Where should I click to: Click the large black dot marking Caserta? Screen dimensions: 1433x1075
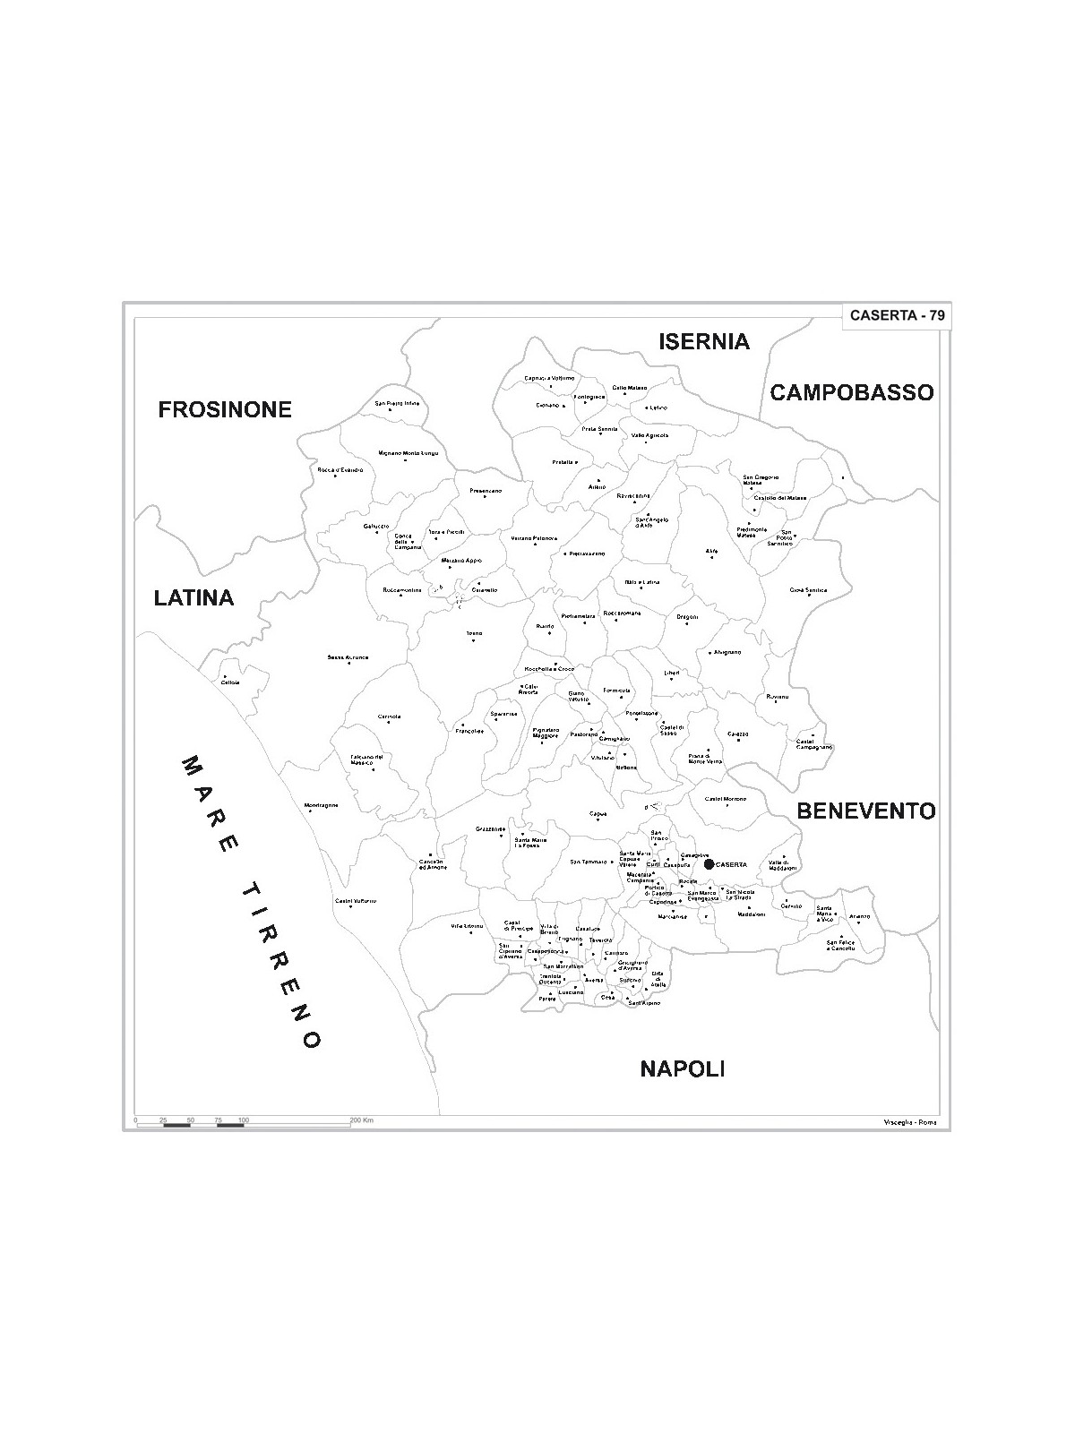point(709,864)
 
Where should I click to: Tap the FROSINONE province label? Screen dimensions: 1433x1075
point(225,409)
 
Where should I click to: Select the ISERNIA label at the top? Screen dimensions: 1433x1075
point(704,341)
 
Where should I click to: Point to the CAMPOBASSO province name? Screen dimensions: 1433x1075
point(852,392)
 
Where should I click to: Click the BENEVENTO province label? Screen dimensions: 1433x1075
point(866,811)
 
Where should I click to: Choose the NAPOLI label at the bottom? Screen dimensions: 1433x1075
point(682,1068)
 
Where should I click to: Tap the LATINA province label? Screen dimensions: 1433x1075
point(193,597)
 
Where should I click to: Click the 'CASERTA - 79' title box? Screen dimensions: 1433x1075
point(897,315)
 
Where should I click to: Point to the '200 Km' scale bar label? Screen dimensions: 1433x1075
point(361,1120)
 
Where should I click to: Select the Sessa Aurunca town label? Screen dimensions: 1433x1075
point(348,657)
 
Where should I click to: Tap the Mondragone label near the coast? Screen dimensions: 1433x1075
point(321,804)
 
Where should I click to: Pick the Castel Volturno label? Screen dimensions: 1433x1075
point(356,900)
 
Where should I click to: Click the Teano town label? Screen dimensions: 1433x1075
point(474,633)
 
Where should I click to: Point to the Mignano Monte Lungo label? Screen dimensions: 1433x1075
point(408,453)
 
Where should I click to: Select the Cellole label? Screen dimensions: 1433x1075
point(230,682)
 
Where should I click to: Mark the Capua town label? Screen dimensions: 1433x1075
point(598,813)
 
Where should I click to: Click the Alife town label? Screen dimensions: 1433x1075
point(711,551)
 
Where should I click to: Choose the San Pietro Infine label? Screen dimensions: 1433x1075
point(397,403)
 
